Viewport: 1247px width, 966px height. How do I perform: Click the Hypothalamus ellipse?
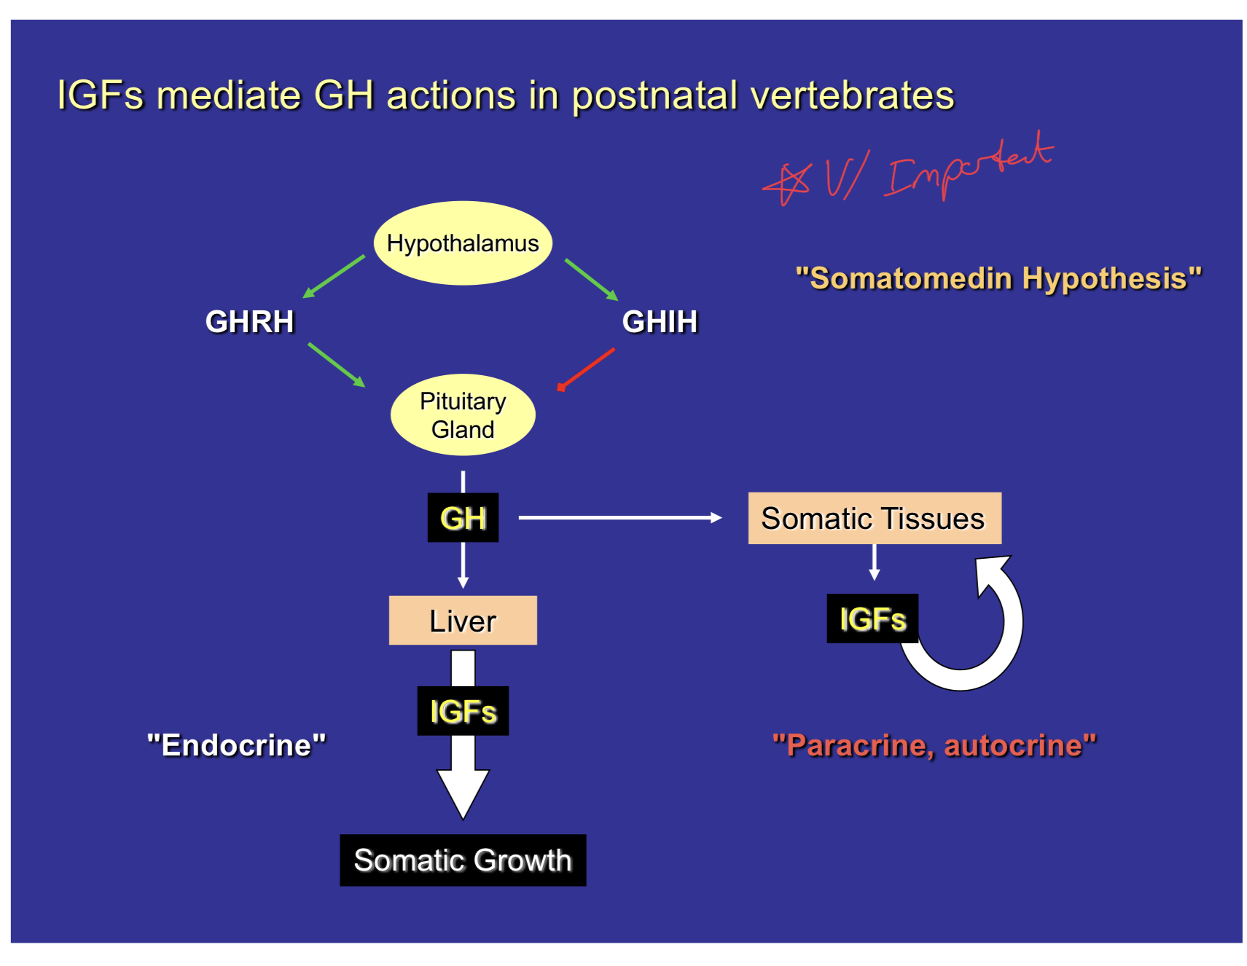(462, 243)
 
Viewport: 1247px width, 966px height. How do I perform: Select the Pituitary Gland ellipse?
(462, 415)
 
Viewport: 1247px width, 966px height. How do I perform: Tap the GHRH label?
(249, 321)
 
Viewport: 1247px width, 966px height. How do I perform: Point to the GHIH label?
(660, 321)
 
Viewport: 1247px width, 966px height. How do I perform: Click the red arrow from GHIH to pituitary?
(586, 369)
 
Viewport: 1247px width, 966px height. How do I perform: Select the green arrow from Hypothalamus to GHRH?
(334, 275)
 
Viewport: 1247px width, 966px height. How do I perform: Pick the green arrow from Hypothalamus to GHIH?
(591, 279)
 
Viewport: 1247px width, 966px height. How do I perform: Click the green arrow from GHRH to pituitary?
(336, 364)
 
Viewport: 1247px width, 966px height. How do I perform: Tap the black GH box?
(463, 518)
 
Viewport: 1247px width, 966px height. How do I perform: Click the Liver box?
(463, 621)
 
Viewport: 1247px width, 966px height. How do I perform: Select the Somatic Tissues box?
(874, 518)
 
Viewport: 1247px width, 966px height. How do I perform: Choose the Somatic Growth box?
(463, 860)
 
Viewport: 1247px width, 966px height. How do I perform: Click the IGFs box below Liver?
(463, 711)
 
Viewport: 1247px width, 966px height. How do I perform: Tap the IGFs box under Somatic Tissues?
(872, 619)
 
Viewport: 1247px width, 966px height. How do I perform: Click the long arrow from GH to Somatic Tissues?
(619, 517)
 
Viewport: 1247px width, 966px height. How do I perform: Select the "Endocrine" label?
(236, 745)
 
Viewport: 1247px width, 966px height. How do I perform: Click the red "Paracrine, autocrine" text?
(934, 745)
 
